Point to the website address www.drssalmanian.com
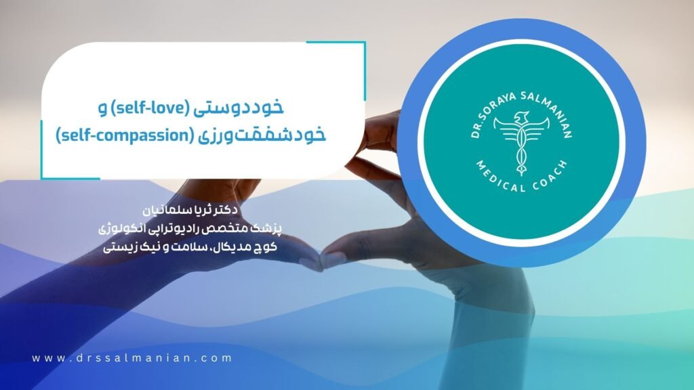131,358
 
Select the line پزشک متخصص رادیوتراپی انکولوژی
190,228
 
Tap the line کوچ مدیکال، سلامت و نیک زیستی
190,246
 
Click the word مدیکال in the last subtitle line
233,246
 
